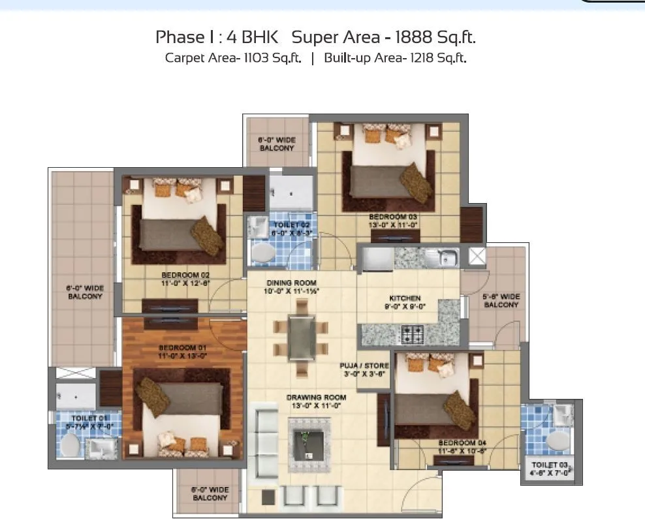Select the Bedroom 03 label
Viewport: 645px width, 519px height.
(x=392, y=216)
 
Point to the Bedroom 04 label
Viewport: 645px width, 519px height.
(x=464, y=442)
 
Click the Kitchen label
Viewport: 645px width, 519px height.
(x=404, y=298)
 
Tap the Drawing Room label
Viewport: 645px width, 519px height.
(x=316, y=397)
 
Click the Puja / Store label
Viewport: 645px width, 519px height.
(x=364, y=366)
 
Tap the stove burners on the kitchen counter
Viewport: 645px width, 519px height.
(x=411, y=335)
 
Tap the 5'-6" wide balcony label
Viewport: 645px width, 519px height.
(x=501, y=300)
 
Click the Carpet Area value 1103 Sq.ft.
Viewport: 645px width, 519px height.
(x=272, y=57)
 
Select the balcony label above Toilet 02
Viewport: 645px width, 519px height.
(x=277, y=144)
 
